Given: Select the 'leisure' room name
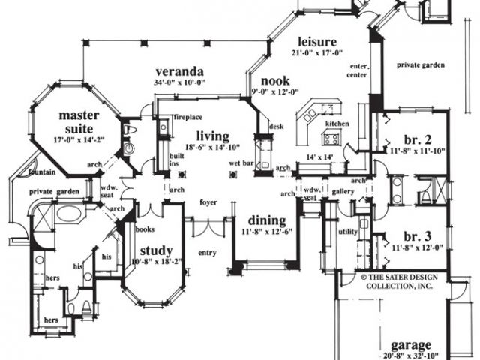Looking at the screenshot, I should click(x=317, y=40).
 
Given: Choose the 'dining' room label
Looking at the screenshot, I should click(x=265, y=221).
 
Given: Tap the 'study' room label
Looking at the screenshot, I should click(x=156, y=250).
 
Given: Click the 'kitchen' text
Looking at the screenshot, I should click(x=337, y=123).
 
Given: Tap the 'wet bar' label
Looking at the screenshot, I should click(x=240, y=163).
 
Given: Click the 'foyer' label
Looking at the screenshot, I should click(x=208, y=202).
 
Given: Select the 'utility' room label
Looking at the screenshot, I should click(x=348, y=232).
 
